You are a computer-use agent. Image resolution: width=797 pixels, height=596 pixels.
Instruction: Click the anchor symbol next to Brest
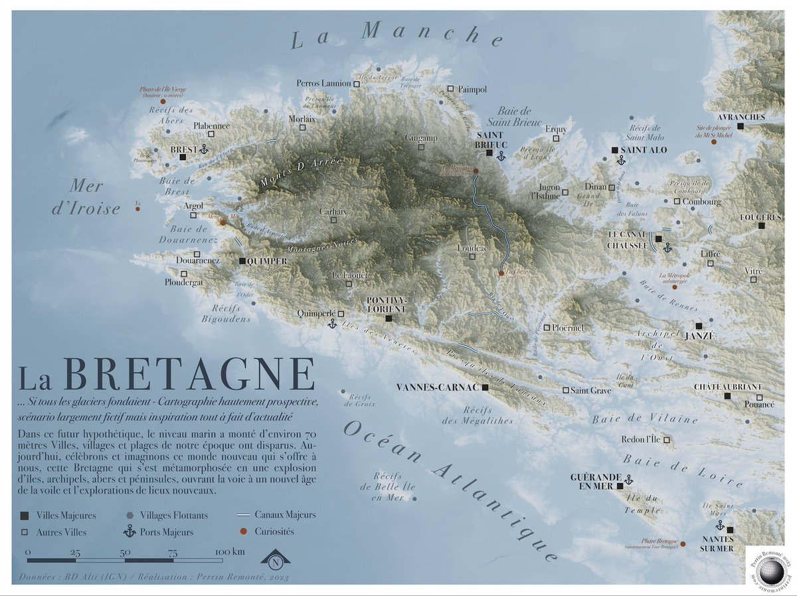pyautogui.click(x=204, y=150)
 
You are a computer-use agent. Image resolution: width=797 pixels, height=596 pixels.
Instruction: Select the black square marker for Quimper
pyautogui.click(x=242, y=261)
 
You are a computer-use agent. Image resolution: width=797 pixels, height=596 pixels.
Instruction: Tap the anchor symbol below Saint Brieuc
pyautogui.click(x=501, y=155)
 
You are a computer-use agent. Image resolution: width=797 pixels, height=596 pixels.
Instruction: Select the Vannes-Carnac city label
pyautogui.click(x=438, y=387)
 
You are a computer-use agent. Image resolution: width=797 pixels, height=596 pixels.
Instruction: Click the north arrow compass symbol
pyautogui.click(x=274, y=560)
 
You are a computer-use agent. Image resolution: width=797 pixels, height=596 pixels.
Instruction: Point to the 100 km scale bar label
pyautogui.click(x=230, y=551)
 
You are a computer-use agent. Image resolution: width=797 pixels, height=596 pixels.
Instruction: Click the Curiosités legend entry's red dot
pyautogui.click(x=242, y=532)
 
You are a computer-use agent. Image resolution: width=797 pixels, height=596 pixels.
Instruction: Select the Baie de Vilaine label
pyautogui.click(x=644, y=419)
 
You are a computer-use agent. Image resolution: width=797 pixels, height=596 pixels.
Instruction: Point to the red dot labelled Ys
pyautogui.click(x=137, y=209)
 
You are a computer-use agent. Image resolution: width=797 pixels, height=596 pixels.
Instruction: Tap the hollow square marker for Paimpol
pyautogui.click(x=450, y=88)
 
